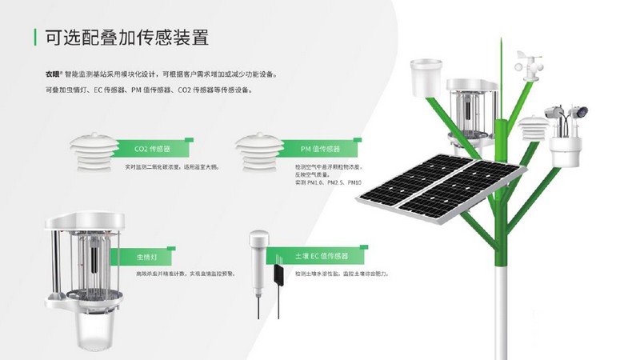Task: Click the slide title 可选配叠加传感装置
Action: [x=132, y=38]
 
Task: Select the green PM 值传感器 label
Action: [x=320, y=149]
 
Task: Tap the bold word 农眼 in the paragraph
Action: [x=53, y=74]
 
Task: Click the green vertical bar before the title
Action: [x=35, y=38]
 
